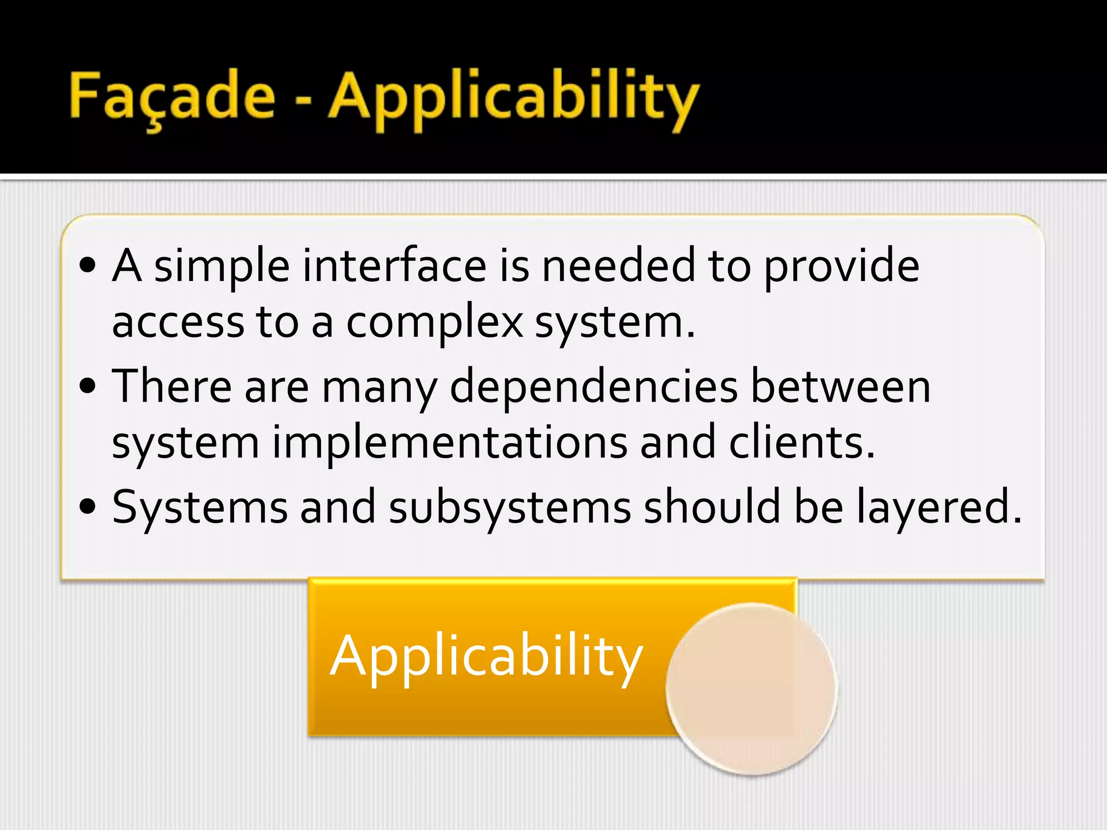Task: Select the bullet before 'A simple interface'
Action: point(88,265)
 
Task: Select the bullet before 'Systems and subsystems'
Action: point(88,506)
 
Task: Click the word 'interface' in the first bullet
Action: point(394,266)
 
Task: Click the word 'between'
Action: point(841,387)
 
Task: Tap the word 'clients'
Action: point(801,443)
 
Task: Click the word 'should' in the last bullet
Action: point(712,506)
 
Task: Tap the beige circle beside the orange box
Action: point(751,689)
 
